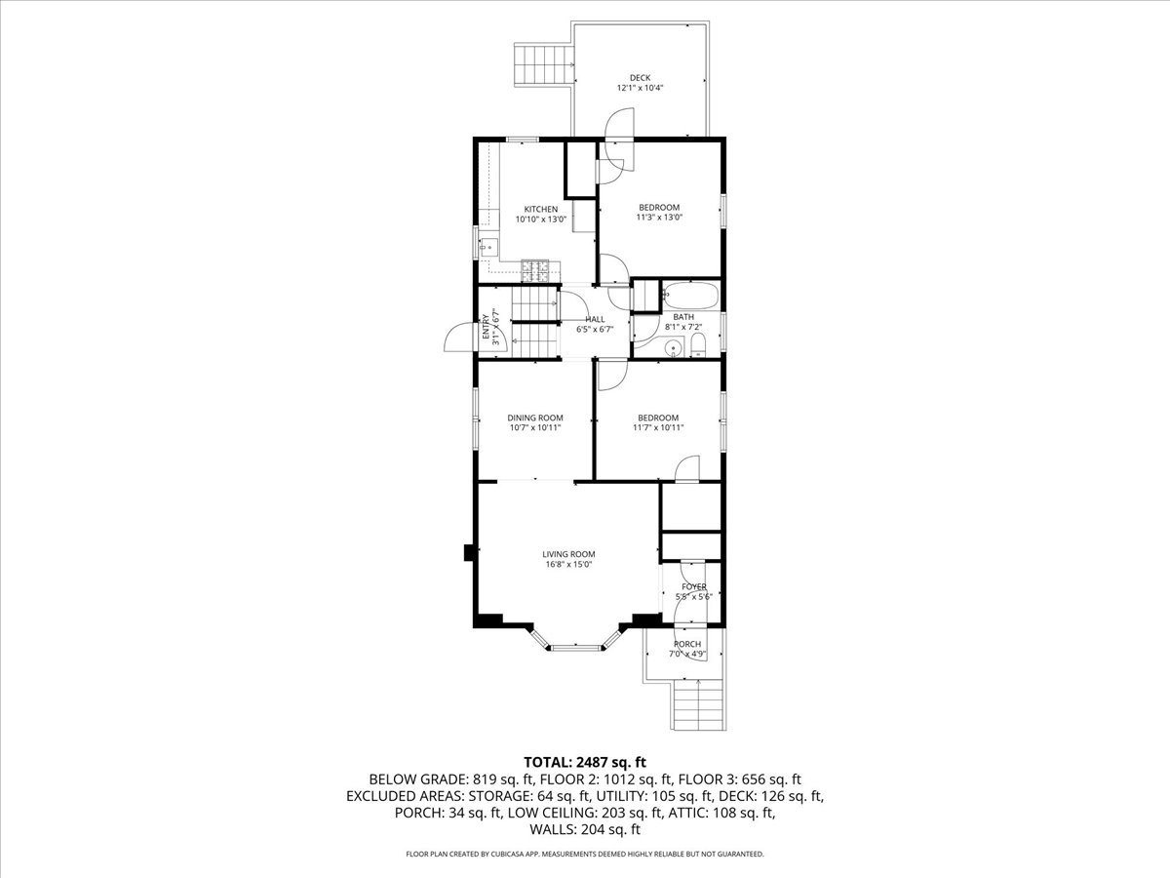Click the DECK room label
pos(640,78)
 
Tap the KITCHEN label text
pos(540,210)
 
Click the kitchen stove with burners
pos(162,270)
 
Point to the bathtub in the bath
pos(690,296)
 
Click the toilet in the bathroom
pos(698,345)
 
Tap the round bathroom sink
pos(675,347)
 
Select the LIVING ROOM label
pos(568,554)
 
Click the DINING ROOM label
pos(535,418)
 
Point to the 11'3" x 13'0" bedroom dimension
pos(659,218)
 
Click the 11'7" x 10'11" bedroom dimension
pos(658,427)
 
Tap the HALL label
pos(595,319)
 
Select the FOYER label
pos(694,587)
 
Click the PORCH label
pos(687,644)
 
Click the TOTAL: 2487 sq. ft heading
pos(585,762)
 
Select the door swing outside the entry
pos(460,338)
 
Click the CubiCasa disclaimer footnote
pos(585,854)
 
